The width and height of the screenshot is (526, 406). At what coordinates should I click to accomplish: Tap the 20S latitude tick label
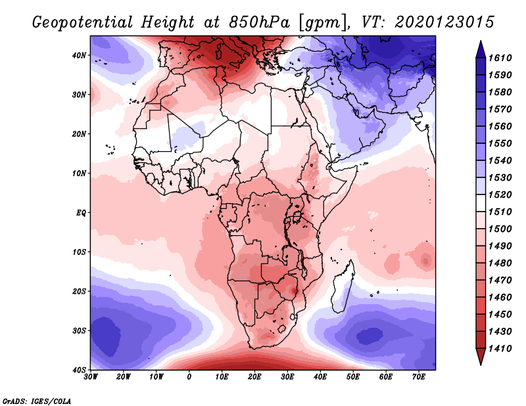(x=80, y=291)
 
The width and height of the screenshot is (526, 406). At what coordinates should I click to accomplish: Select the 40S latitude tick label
(x=80, y=370)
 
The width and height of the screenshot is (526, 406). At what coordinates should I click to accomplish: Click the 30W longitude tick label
(x=91, y=376)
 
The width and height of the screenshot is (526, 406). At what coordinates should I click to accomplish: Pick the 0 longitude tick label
(x=189, y=376)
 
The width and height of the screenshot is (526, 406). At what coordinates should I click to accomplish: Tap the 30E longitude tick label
(x=287, y=376)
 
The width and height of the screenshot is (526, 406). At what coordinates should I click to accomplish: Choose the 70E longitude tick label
(x=419, y=376)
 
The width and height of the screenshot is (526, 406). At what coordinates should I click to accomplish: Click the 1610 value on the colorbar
(x=502, y=58)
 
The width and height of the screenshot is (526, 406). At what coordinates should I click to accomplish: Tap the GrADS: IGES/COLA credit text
(x=36, y=399)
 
